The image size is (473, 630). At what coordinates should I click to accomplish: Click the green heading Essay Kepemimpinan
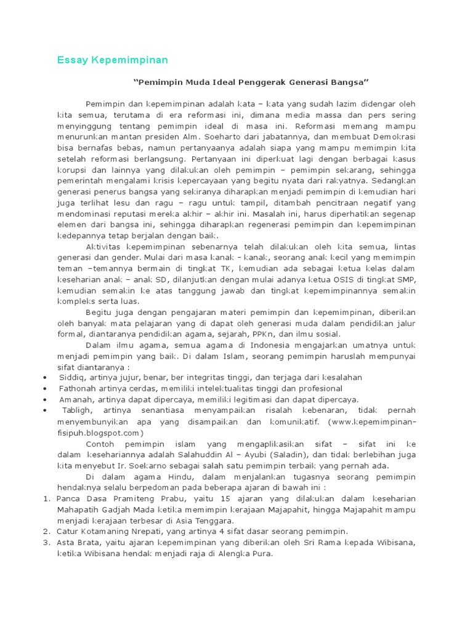(112, 60)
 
